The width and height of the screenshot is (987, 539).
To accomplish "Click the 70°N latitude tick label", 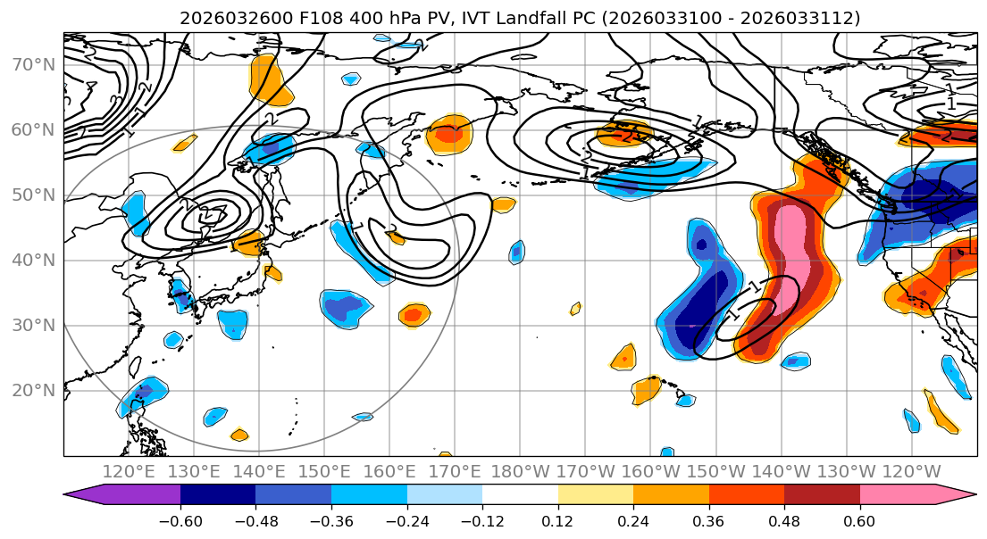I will click(x=32, y=64).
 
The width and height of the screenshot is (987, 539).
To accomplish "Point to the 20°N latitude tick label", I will click(x=32, y=390).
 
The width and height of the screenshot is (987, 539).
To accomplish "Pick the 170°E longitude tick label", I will click(x=455, y=471).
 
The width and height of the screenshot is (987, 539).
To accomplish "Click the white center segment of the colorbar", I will click(x=520, y=495).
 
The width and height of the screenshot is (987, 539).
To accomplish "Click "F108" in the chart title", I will click(x=290, y=18).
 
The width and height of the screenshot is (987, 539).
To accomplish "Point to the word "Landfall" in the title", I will click(x=504, y=18).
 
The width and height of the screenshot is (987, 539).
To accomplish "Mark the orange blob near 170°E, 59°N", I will click(x=448, y=135).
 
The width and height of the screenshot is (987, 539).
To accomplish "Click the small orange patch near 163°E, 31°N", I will click(x=413, y=313).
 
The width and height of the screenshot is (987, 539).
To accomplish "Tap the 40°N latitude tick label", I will click(x=32, y=260).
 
